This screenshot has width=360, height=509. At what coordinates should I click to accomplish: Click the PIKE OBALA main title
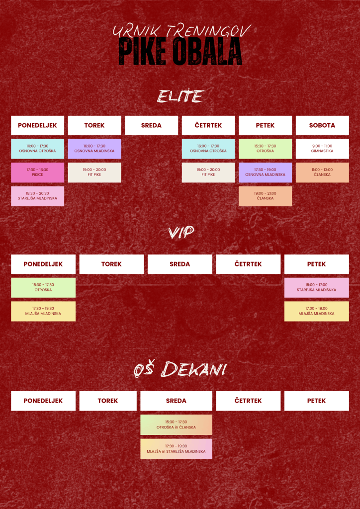pos(180,52)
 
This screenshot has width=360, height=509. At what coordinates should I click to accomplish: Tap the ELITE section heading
pos(180,96)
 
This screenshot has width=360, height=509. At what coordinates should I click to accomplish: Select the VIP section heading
pos(180,233)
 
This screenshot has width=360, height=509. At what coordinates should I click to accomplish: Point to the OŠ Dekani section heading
pos(180,370)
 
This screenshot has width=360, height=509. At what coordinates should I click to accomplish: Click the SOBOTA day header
pos(322,125)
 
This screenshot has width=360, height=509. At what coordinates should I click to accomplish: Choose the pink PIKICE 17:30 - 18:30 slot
pos(38,172)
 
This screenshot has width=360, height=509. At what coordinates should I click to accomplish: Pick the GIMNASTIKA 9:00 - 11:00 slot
pos(322,149)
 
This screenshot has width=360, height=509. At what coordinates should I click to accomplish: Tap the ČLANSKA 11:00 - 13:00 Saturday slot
pos(322,172)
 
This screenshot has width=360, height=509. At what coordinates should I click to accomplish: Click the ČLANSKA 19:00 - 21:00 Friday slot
pos(265,196)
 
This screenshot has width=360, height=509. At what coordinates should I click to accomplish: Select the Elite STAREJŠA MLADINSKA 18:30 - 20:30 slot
pos(38,196)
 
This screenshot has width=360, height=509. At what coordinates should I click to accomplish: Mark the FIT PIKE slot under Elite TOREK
pos(94,172)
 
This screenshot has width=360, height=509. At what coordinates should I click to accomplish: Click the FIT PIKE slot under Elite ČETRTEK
pos(208,172)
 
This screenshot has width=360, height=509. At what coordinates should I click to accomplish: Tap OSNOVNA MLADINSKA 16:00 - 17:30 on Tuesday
pos(94,149)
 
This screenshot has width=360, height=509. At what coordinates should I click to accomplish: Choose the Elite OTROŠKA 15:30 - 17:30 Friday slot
pos(265,149)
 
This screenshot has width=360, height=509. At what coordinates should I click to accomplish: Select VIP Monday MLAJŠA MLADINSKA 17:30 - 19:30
pos(43,311)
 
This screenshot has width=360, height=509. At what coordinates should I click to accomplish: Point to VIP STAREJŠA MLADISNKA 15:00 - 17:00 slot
pos(317,288)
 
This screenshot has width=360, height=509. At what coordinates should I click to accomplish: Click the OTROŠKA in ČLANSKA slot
pos(176,424)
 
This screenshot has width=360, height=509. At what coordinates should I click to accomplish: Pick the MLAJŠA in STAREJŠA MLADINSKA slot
pos(176,449)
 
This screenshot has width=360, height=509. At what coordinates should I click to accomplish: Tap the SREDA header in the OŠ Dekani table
pos(176,401)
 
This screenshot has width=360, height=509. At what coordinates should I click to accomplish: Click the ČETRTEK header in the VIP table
pos(248,264)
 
